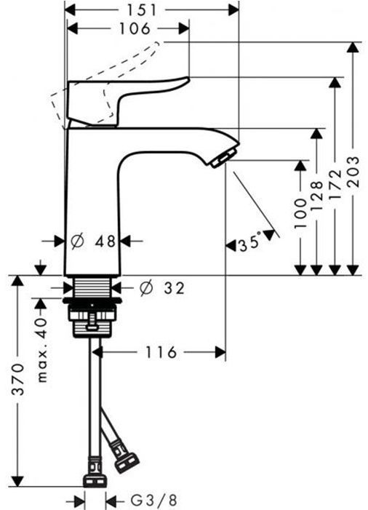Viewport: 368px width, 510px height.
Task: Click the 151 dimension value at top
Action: point(152,9)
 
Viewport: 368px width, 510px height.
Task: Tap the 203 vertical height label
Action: point(353,172)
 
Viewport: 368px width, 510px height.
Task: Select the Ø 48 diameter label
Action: point(96,241)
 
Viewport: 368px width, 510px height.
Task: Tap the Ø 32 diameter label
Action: point(161,288)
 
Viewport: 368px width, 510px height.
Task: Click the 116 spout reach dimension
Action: point(161,353)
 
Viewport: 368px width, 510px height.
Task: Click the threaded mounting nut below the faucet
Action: point(92,317)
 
